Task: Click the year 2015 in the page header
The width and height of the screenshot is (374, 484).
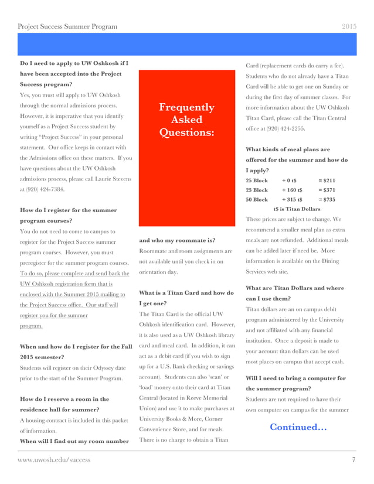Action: [349, 27]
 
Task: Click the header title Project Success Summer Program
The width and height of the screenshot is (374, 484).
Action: [67, 27]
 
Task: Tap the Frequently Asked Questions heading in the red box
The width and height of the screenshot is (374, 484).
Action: [186, 120]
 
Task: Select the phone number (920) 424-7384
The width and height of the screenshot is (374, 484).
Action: [43, 189]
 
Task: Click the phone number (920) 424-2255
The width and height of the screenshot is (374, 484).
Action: [288, 128]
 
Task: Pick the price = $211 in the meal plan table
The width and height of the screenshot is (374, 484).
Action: [326, 180]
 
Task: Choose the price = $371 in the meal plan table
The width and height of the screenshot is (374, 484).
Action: [326, 190]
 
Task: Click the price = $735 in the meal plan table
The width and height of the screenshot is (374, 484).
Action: [326, 199]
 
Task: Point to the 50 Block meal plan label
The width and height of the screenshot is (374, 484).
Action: [257, 199]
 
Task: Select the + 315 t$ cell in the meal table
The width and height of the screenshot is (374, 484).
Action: [292, 199]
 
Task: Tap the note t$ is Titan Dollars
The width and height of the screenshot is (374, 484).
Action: [297, 209]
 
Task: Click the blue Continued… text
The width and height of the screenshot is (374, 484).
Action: [298, 427]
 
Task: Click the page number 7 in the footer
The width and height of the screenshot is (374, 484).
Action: [353, 460]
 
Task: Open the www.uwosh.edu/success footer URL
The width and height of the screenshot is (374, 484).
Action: [54, 460]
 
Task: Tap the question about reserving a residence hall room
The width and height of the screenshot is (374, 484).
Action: [64, 404]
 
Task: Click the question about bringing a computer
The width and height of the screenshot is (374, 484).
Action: [295, 383]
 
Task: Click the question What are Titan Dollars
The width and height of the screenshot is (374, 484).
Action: [295, 293]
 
